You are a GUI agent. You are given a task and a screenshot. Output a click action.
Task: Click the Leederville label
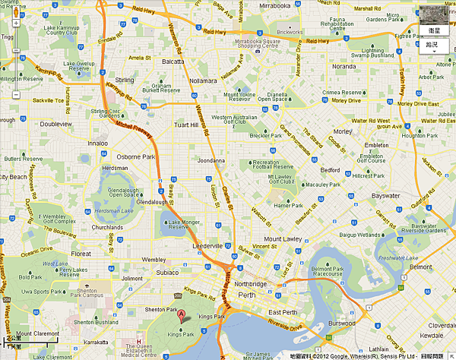point(206,246)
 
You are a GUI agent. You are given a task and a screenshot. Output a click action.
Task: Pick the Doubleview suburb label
point(55,123)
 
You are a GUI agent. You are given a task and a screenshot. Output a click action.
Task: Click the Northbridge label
point(251,283)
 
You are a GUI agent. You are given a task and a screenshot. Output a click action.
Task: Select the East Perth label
point(283,312)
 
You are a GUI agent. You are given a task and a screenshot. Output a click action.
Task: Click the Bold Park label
point(30,277)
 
